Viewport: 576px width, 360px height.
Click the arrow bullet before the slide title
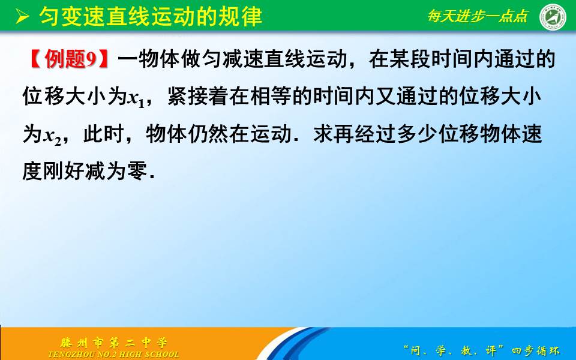click(x=22, y=16)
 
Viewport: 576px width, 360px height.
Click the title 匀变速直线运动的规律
click(x=151, y=16)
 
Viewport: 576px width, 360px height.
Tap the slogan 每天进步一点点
click(x=477, y=16)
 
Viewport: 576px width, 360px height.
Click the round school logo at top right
click(x=553, y=16)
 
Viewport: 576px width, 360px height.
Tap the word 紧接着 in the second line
click(x=199, y=97)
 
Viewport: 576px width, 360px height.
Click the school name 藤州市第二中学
click(x=113, y=343)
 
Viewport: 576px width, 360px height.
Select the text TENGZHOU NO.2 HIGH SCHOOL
click(x=113, y=354)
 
